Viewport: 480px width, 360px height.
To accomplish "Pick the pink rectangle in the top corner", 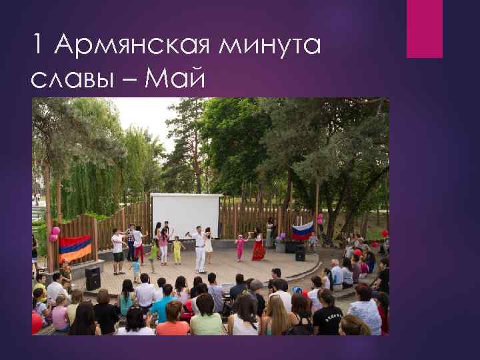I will (425, 29).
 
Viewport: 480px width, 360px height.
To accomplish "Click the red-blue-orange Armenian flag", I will (75, 247).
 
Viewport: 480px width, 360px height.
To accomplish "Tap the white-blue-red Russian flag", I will (302, 230).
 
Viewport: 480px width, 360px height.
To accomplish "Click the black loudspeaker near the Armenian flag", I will (93, 277).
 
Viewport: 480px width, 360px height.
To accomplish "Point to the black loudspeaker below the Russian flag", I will (300, 253).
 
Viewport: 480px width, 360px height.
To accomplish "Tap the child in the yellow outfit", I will (177, 251).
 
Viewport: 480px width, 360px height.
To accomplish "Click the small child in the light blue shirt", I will (136, 269).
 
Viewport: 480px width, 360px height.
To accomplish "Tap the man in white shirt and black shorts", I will (118, 251).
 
